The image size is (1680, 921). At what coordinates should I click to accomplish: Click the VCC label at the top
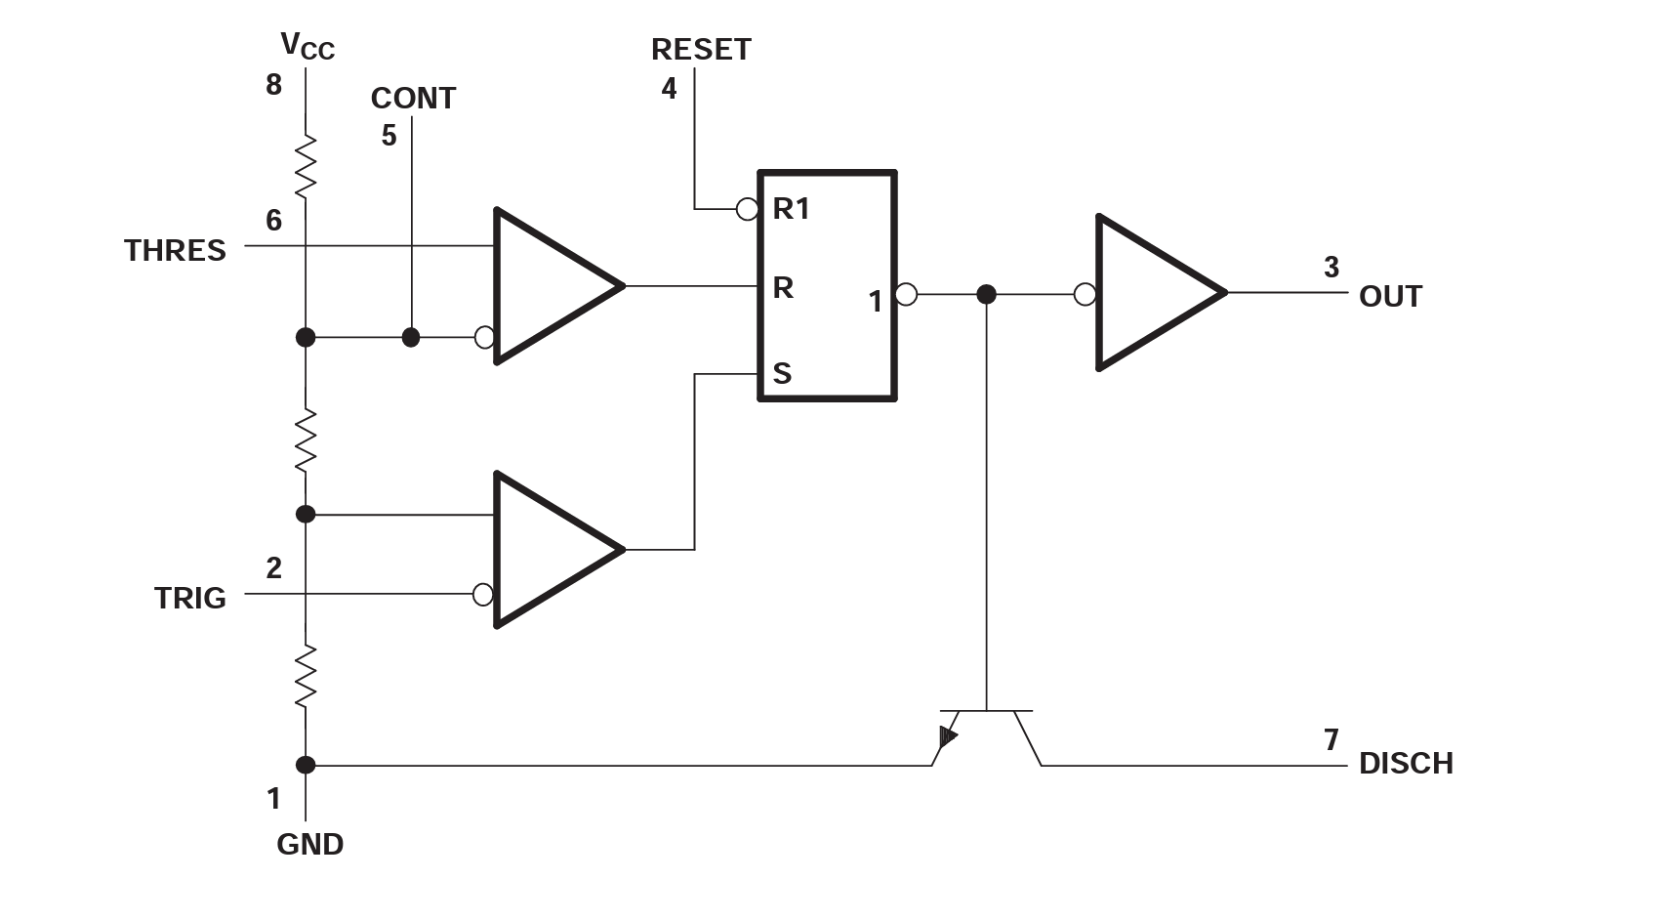click(307, 46)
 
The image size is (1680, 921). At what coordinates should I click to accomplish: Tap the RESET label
click(701, 50)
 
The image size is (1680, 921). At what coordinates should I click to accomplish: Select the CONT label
click(413, 99)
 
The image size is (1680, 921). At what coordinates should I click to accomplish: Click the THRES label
click(175, 251)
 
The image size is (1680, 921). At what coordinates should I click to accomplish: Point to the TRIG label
click(189, 598)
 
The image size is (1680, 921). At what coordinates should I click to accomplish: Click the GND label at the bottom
click(309, 845)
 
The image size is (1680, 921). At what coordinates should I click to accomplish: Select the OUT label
click(1390, 297)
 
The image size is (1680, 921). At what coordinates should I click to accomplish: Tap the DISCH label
click(1406, 764)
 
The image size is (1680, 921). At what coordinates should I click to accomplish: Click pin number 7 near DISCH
click(1331, 739)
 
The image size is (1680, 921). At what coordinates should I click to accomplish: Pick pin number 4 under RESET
click(669, 89)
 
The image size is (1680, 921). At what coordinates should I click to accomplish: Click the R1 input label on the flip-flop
click(791, 209)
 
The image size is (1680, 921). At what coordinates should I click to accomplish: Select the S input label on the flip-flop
click(782, 374)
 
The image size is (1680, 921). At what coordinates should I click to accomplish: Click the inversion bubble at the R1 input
click(747, 209)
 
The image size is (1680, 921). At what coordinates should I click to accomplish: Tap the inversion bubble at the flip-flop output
click(906, 294)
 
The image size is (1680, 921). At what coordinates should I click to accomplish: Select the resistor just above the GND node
click(306, 676)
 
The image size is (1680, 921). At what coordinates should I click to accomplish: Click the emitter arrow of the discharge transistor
click(947, 737)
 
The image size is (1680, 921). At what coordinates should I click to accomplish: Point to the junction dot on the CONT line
click(411, 338)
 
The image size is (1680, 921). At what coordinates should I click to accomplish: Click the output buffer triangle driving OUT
click(1157, 292)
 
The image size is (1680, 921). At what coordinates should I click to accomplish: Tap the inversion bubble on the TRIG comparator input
click(483, 594)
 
